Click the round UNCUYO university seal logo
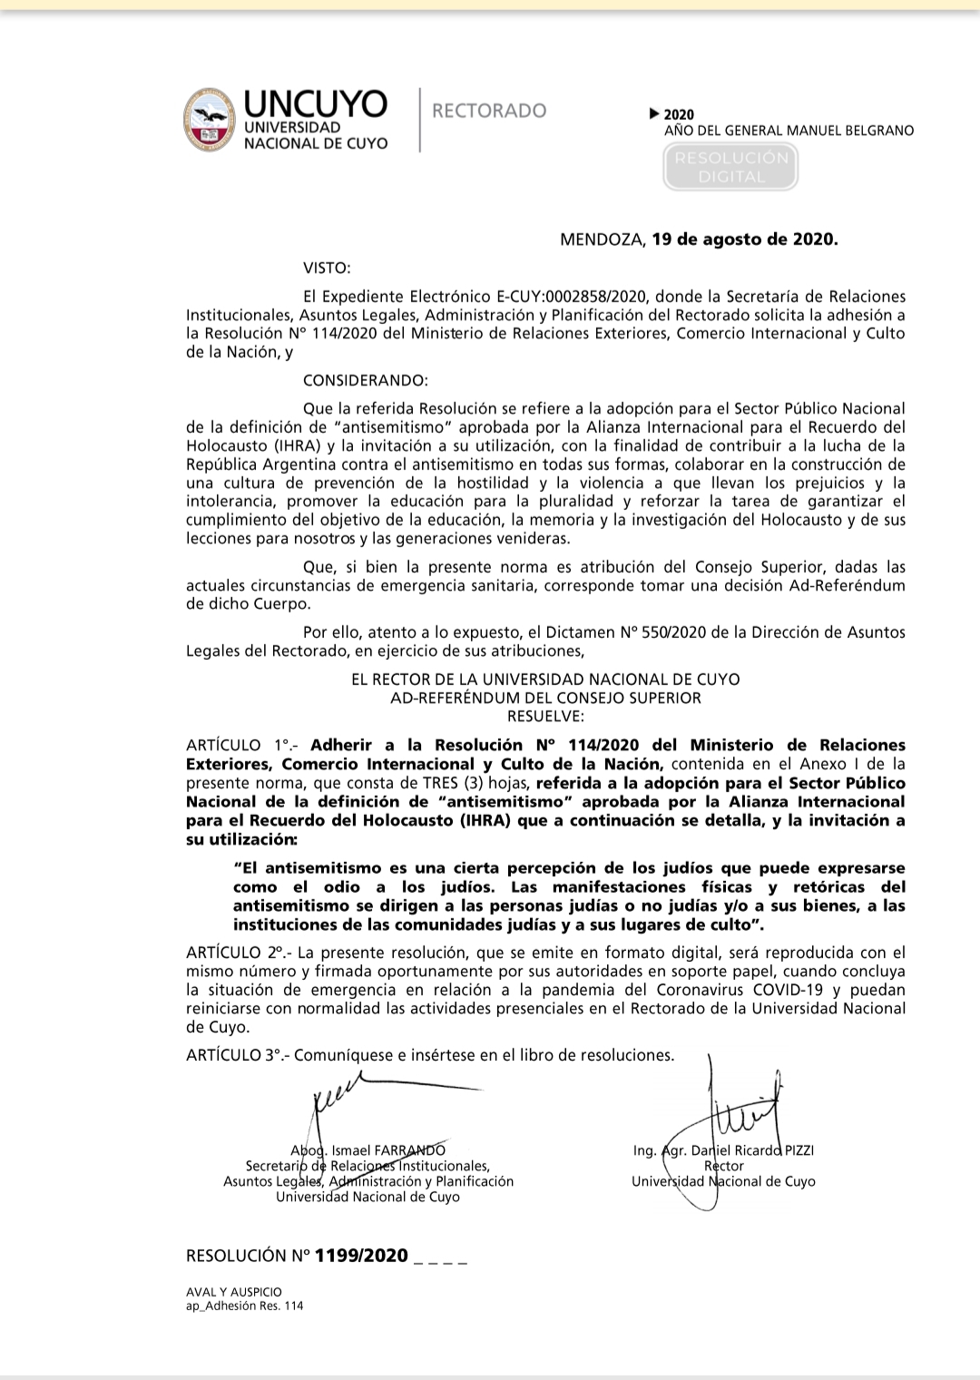(x=210, y=120)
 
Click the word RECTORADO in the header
(x=489, y=111)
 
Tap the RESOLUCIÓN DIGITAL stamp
(x=730, y=167)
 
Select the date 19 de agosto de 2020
(x=744, y=240)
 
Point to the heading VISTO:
(x=326, y=268)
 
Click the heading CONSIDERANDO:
(x=365, y=380)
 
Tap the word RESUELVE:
(x=545, y=716)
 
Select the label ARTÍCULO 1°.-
(x=236, y=746)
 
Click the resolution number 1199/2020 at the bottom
(x=361, y=1256)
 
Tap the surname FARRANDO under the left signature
(x=409, y=1150)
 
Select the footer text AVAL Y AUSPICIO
(x=234, y=1291)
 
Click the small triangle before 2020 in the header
(x=655, y=114)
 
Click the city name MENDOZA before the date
(x=602, y=240)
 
